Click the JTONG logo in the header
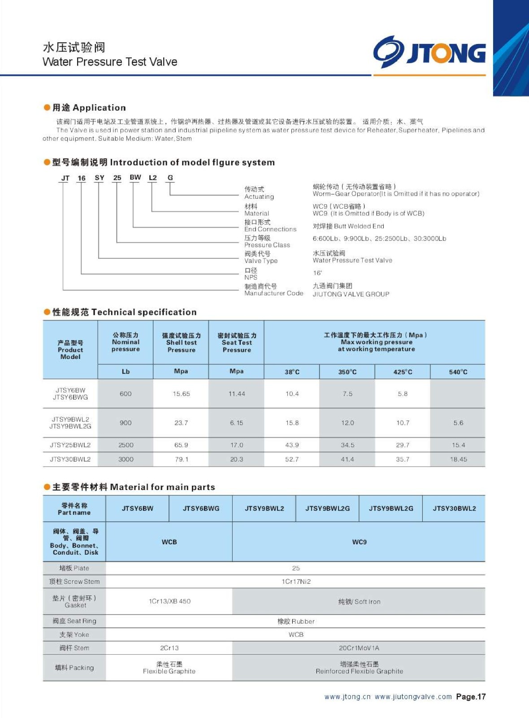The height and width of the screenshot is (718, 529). tap(429, 52)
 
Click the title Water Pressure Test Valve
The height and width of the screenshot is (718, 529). tap(110, 62)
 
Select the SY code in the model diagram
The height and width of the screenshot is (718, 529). tap(99, 178)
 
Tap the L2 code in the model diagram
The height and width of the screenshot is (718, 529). tap(152, 178)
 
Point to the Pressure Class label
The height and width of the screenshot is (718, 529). tap(267, 245)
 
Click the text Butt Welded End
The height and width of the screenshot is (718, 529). tap(348, 226)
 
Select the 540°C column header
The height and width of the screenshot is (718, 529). tap(458, 372)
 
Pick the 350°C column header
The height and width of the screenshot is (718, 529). tap(347, 372)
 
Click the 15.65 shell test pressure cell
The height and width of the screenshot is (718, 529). tap(181, 394)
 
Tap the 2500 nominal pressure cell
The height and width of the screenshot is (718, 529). tap(126, 445)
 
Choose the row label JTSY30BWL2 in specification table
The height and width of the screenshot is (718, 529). tap(70, 459)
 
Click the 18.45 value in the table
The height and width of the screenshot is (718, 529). tap(458, 459)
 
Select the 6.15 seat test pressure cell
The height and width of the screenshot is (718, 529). tap(237, 423)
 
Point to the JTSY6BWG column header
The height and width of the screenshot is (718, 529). tap(201, 508)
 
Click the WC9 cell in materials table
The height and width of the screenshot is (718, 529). tap(359, 542)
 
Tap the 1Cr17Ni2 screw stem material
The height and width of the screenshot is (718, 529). tap(296, 582)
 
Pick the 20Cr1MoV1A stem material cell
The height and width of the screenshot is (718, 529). tap(359, 648)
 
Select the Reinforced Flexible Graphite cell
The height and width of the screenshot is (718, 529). tap(359, 668)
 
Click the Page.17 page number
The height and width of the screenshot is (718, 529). tap(471, 696)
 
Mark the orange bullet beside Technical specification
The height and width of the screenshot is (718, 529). tap(47, 312)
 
